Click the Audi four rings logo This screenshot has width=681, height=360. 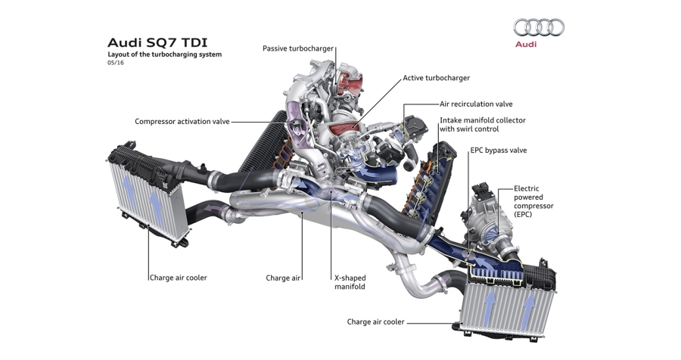coord(539,28)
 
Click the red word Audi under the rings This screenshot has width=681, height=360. coord(526,45)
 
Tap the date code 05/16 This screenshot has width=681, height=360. coord(116,64)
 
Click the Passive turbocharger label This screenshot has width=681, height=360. coord(297,48)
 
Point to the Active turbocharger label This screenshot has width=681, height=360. coord(436,78)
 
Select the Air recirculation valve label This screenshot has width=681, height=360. coord(476,104)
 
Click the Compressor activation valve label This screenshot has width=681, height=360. coord(182,121)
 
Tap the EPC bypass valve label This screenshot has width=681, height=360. coord(498,151)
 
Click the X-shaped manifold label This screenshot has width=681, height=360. coord(350,282)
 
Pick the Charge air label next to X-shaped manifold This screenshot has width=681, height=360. coord(282,278)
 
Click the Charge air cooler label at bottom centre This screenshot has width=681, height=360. coord(375,322)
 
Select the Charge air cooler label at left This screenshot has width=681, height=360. coord(178,278)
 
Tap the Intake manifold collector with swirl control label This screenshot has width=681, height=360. coord(483,125)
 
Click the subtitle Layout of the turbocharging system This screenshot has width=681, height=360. coord(164,54)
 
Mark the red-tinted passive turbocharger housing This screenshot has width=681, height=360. coord(350,81)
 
